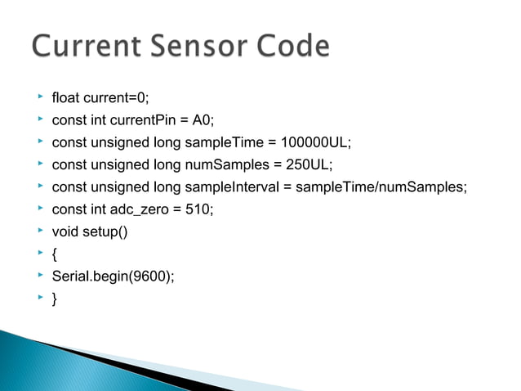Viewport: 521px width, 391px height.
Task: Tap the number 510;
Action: click(198, 209)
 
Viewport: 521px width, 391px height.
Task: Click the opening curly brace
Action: click(55, 254)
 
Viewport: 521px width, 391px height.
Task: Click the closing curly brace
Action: click(55, 299)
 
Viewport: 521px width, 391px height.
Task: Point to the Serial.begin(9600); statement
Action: click(113, 276)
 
